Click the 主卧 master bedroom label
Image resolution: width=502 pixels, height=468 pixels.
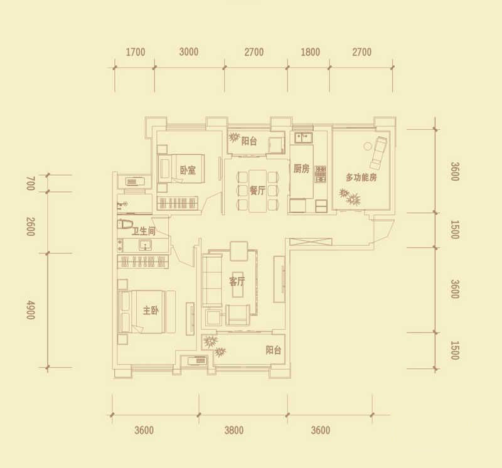coord(151,310)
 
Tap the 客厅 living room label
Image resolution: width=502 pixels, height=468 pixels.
coord(237,282)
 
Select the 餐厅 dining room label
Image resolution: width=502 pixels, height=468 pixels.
coord(257,191)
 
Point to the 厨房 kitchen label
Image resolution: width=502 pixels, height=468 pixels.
coord(302,169)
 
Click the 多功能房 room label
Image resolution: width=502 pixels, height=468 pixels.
coord(361,177)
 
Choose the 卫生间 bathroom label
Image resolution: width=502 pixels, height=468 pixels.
coord(144,231)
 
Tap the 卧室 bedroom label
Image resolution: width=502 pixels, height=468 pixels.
coord(188,170)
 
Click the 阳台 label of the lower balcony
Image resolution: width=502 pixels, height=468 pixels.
coord(274,350)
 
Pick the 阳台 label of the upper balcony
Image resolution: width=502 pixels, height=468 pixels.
coord(249,141)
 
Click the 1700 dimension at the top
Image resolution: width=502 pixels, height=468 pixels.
coord(136,52)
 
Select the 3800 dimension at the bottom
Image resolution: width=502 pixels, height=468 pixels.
coord(234,430)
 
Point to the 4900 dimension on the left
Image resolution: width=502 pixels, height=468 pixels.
coord(30,310)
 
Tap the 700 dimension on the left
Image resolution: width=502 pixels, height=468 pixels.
coord(30,183)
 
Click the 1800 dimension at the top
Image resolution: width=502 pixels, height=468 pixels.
coord(310,52)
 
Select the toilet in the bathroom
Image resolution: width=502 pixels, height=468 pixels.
coord(125,224)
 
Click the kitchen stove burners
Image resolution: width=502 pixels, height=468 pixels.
coord(321,174)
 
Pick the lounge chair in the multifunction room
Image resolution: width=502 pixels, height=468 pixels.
coord(378,153)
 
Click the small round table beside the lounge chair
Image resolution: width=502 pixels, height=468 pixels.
coord(367,146)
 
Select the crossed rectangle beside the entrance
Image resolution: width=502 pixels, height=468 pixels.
coord(311,242)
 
